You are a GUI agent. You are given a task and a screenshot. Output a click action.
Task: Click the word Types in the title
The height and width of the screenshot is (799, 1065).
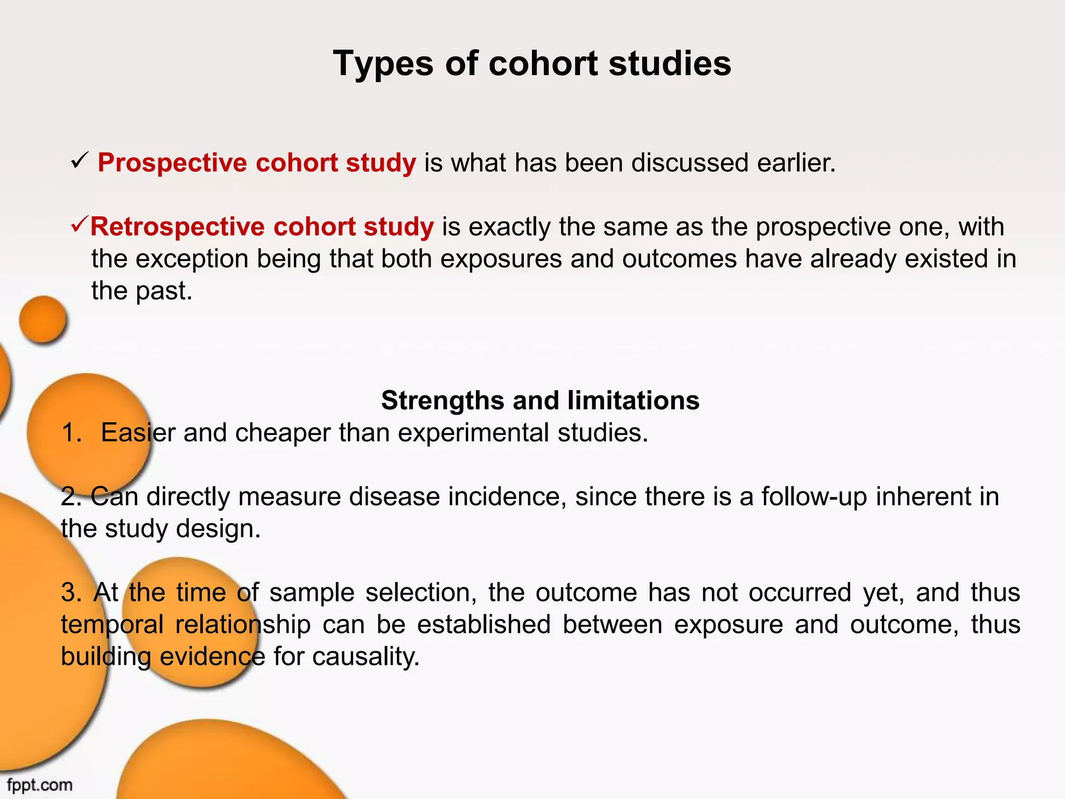[383, 64]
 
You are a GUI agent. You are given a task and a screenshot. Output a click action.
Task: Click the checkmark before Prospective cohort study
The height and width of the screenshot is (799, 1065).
[81, 162]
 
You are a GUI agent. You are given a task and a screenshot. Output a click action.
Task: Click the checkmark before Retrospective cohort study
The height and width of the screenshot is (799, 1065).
[80, 226]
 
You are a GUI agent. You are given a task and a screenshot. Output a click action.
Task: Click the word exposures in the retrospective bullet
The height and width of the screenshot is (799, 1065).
[501, 259]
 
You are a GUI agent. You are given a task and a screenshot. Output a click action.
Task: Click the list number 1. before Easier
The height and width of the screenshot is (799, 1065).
[72, 433]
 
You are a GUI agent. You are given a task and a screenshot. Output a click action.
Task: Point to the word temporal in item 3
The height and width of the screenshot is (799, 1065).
[112, 625]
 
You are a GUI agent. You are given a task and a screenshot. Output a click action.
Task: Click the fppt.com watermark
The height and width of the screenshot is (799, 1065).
[40, 784]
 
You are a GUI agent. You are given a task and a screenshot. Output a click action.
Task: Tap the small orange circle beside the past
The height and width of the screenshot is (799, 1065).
[43, 319]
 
